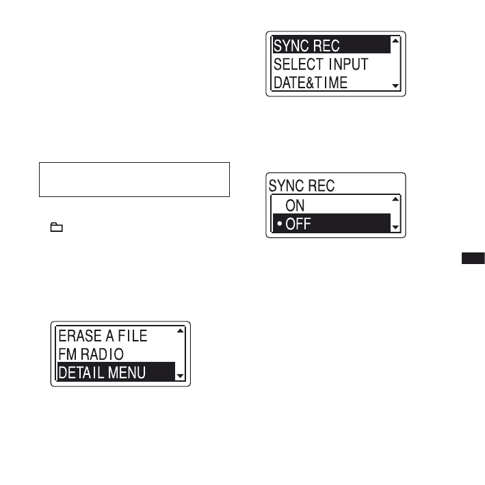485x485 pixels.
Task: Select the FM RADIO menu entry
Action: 91,354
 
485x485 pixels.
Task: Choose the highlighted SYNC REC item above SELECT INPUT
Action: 306,47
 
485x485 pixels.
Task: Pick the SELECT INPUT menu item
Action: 321,64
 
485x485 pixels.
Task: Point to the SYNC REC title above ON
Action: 302,186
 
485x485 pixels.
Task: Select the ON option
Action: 295,205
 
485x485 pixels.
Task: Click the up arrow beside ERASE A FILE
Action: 181,332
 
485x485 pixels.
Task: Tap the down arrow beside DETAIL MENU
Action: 181,376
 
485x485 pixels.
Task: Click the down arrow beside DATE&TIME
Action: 395,87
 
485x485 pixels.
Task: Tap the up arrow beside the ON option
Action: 395,200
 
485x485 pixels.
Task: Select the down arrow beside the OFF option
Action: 395,228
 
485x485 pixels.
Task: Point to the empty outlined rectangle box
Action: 133,180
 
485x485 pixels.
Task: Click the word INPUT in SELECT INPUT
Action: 345,64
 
